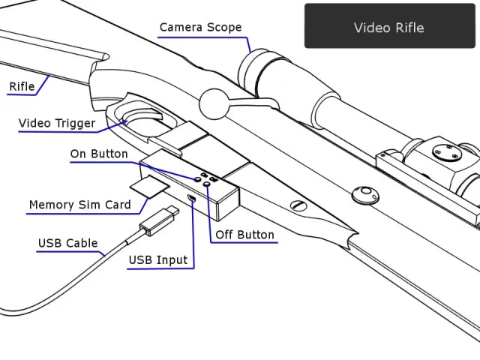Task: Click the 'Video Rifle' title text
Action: click(388, 28)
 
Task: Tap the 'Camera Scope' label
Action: click(200, 28)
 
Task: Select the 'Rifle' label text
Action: click(22, 86)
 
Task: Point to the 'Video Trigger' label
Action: click(57, 123)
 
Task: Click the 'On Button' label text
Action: click(99, 154)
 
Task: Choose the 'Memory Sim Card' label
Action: click(79, 205)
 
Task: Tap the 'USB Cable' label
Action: click(67, 243)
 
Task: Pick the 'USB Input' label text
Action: click(158, 260)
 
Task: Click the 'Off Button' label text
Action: click(244, 235)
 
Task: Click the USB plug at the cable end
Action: click(157, 220)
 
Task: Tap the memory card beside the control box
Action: click(150, 186)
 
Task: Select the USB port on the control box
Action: click(192, 199)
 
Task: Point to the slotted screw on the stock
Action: click(298, 205)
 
